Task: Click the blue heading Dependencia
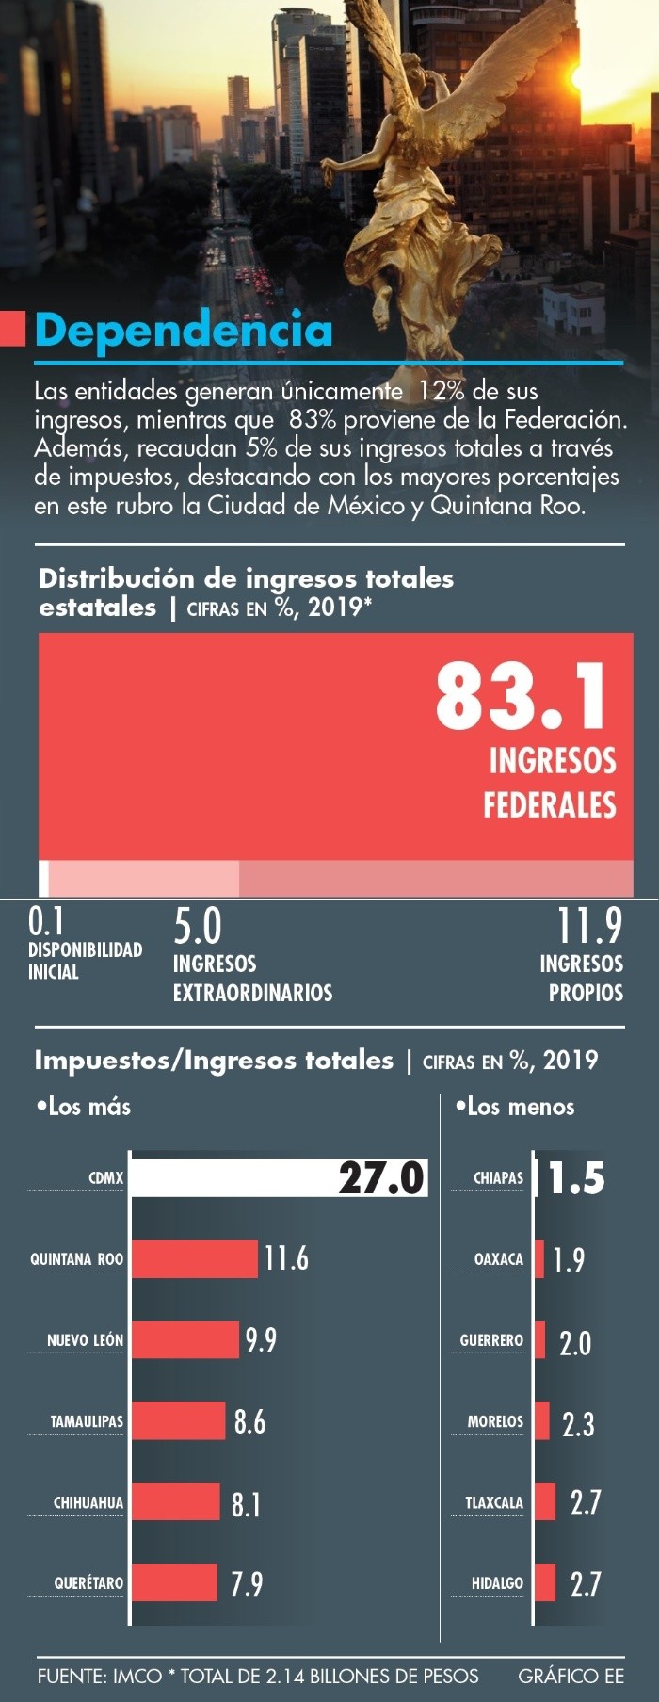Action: click(184, 331)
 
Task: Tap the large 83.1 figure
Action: click(521, 697)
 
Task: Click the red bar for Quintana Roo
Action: click(194, 1258)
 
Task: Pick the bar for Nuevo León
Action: click(185, 1339)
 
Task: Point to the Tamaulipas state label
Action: click(87, 1421)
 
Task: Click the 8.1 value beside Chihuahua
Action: click(247, 1503)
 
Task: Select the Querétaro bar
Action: click(174, 1583)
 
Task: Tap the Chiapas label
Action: click(498, 1178)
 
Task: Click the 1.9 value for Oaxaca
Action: click(569, 1260)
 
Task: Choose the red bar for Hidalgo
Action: click(545, 1583)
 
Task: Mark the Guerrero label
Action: click(491, 1340)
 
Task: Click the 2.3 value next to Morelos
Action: click(578, 1423)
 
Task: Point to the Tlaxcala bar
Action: click(545, 1502)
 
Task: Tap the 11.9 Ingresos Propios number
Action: click(589, 926)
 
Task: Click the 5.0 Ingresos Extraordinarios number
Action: click(198, 927)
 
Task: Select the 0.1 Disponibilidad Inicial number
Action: click(46, 920)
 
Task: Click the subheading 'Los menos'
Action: click(515, 1107)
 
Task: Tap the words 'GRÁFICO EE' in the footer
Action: click(571, 1677)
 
